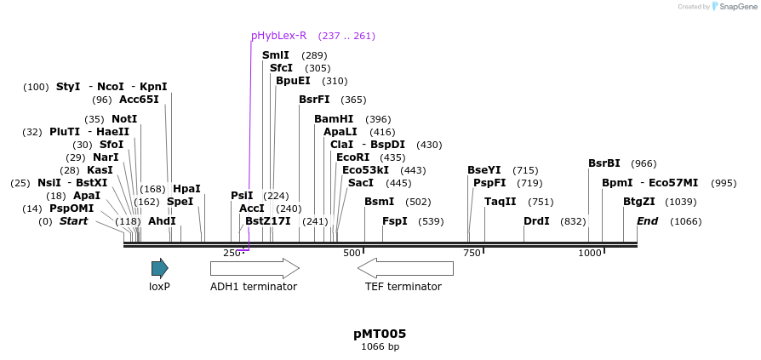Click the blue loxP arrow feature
pyautogui.click(x=160, y=269)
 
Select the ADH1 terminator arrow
pyautogui.click(x=255, y=269)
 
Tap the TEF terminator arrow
pyautogui.click(x=405, y=269)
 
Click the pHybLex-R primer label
pyautogui.click(x=278, y=36)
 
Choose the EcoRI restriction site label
pyautogui.click(x=353, y=157)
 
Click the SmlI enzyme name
pyautogui.click(x=276, y=55)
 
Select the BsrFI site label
pyautogui.click(x=314, y=100)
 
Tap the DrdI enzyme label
pyautogui.click(x=536, y=221)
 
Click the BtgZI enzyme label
pyautogui.click(x=639, y=202)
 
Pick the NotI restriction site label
pyautogui.click(x=124, y=119)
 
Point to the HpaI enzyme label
pyautogui.click(x=186, y=189)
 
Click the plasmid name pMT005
pyautogui.click(x=380, y=334)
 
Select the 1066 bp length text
pyautogui.click(x=380, y=346)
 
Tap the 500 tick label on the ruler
pyautogui.click(x=352, y=254)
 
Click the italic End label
pyautogui.click(x=647, y=221)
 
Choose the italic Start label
pyautogui.click(x=73, y=221)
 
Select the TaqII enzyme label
pyautogui.click(x=501, y=202)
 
